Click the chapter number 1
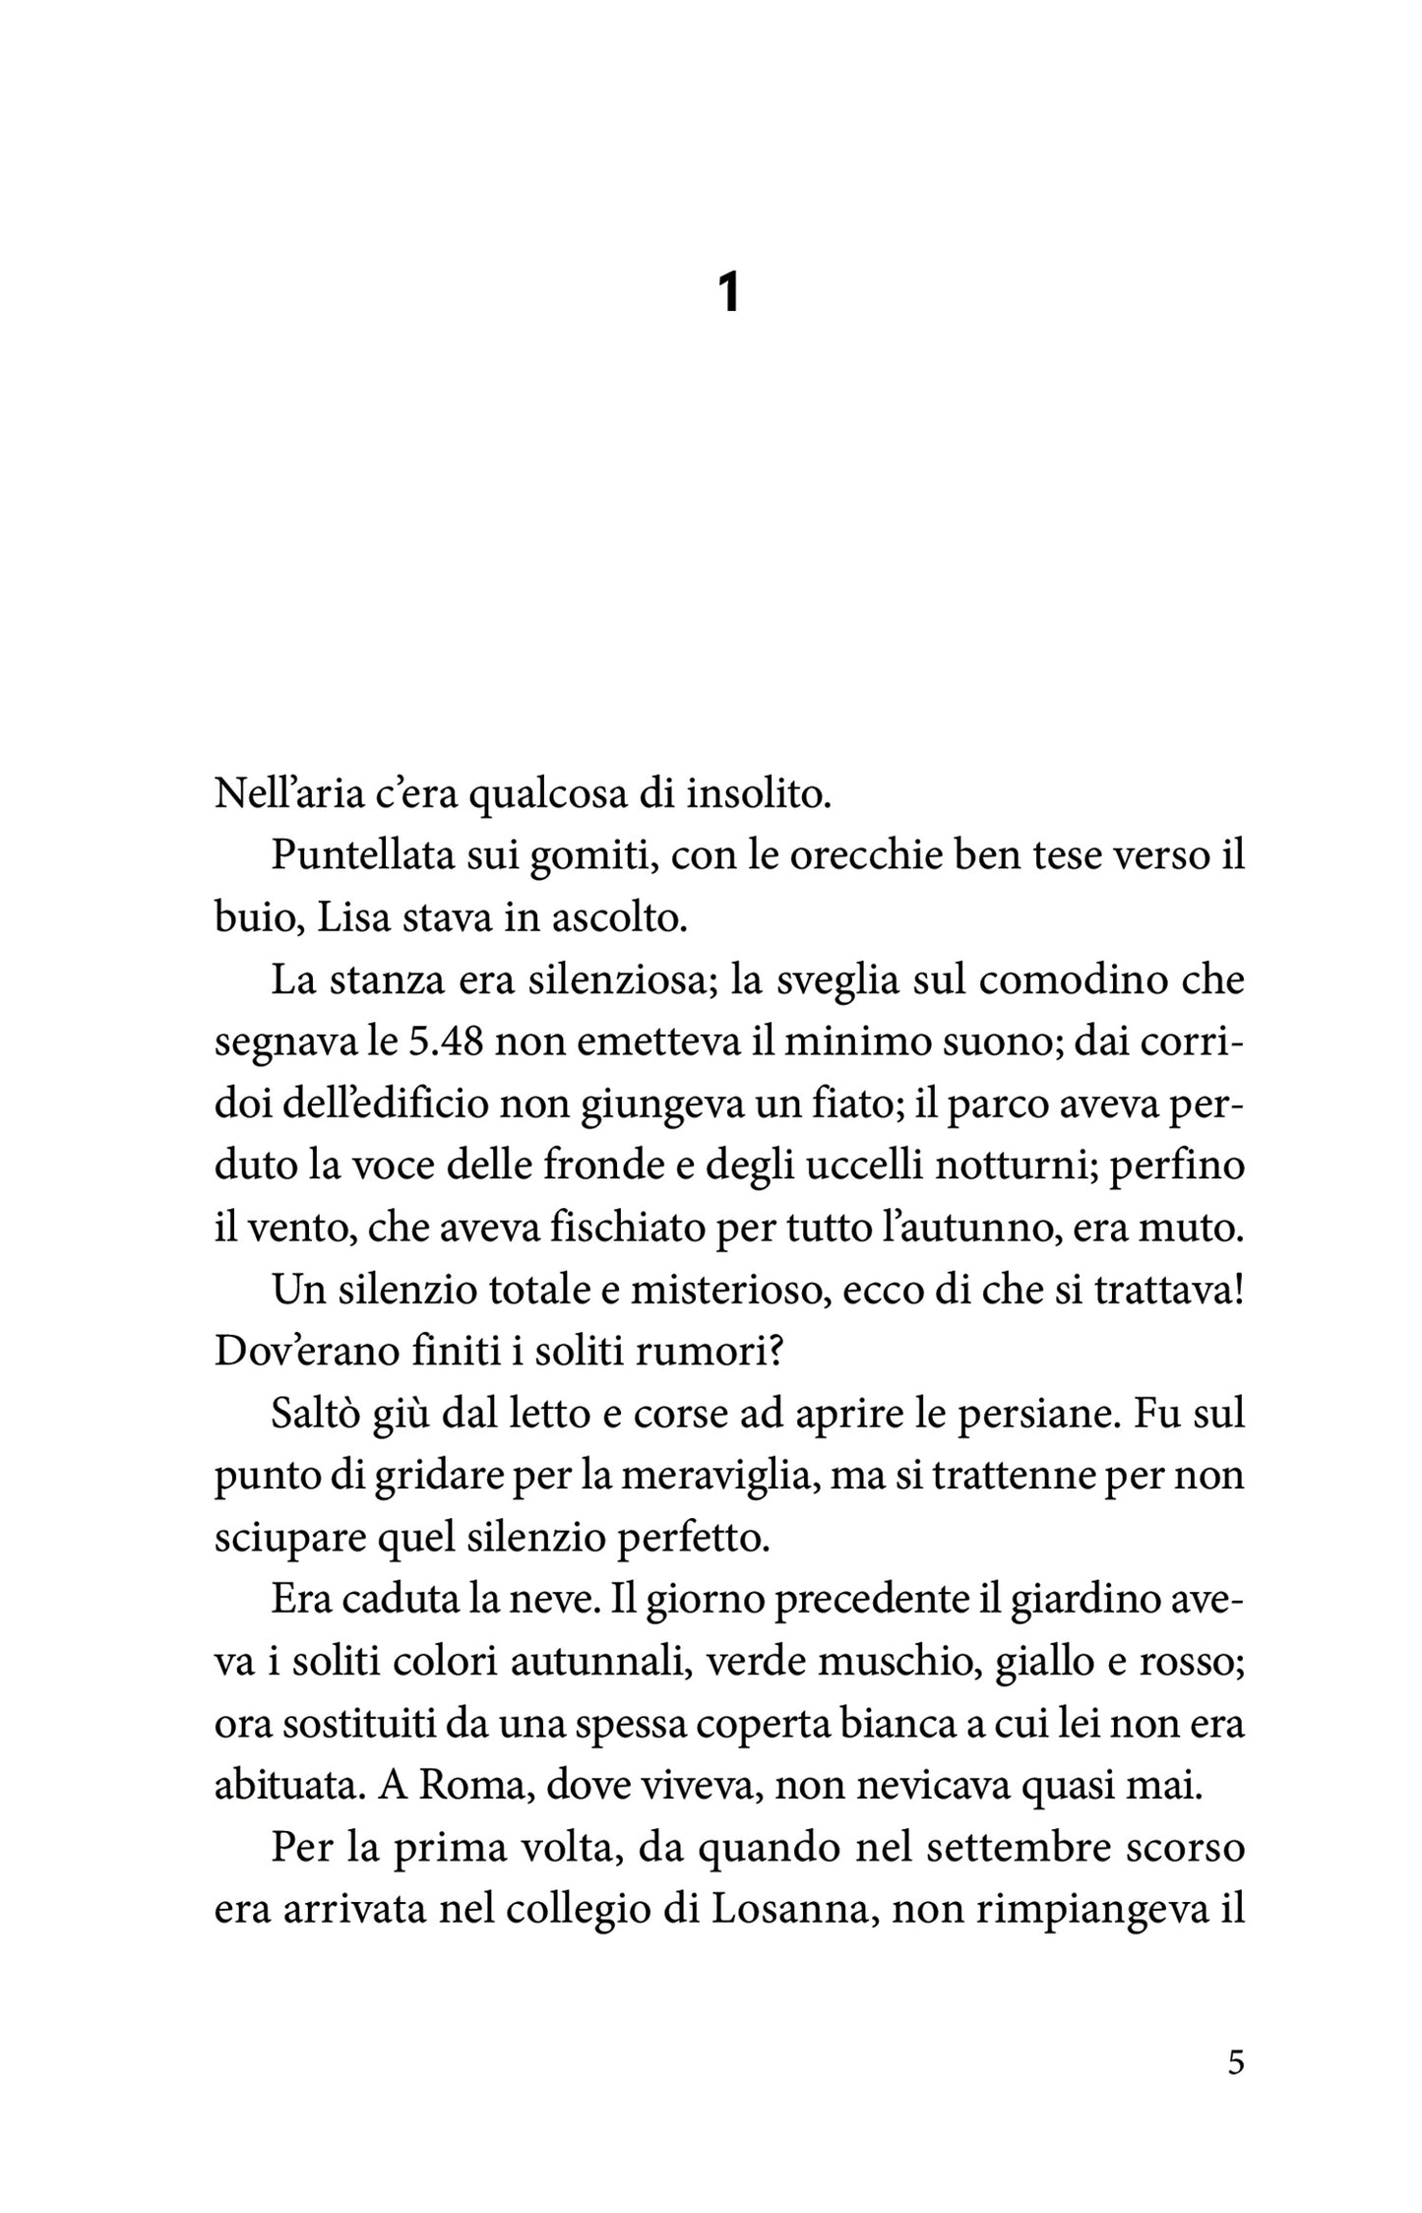tap(728, 292)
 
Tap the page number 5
tap(1236, 2060)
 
